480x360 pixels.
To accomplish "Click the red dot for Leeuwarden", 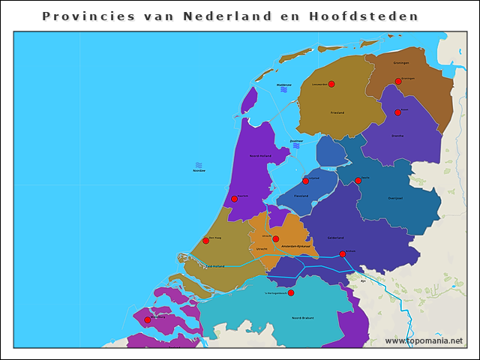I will click(331, 84).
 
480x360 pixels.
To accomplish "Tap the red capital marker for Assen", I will click(397, 112).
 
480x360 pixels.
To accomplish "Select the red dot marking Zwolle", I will click(358, 181).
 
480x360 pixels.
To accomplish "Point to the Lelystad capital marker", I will click(305, 181).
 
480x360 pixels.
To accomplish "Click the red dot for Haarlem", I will click(235, 199).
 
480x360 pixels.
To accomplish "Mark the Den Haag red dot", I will click(206, 241).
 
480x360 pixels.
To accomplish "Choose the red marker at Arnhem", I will click(343, 253).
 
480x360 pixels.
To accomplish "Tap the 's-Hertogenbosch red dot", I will click(291, 292).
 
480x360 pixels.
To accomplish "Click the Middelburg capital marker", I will click(148, 320).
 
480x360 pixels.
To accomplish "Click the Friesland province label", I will click(337, 112).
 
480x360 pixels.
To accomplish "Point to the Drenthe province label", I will click(397, 136).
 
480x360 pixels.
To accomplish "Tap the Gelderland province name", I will click(336, 238).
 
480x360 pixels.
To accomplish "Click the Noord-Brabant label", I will click(303, 318).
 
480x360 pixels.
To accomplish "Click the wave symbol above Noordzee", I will click(199, 165).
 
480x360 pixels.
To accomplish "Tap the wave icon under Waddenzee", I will click(284, 90).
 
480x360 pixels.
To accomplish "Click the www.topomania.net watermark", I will click(424, 340).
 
